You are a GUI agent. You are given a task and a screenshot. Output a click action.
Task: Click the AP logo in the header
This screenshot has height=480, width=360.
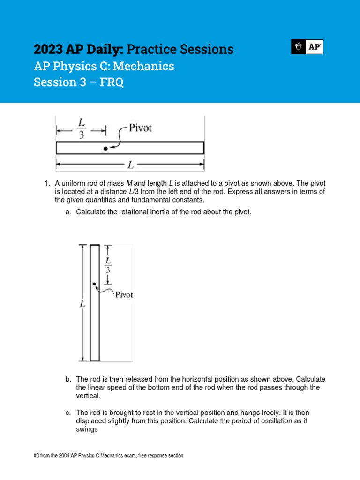(x=307, y=47)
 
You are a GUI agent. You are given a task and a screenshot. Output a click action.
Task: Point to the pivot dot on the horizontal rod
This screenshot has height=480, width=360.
(x=105, y=149)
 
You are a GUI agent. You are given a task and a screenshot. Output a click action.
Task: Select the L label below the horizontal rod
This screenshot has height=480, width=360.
(x=131, y=165)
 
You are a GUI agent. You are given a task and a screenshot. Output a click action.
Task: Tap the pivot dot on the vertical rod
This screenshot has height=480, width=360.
(x=94, y=285)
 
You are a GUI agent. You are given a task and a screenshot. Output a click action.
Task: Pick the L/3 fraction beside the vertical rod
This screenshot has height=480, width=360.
(x=108, y=265)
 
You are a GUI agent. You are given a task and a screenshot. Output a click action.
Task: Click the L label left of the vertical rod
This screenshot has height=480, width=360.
(x=82, y=304)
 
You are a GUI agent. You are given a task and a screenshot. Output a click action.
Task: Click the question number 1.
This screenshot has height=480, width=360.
(x=46, y=183)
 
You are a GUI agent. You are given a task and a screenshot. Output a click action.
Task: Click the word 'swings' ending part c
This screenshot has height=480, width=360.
(x=87, y=429)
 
